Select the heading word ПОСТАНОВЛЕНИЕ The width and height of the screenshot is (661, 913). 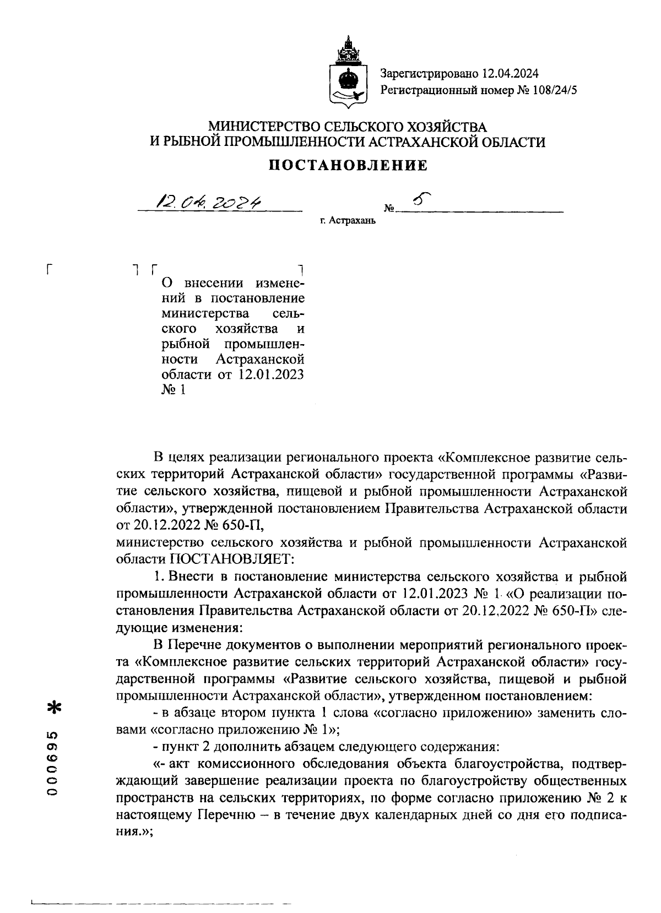348,165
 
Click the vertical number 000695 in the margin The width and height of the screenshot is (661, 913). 53,763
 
